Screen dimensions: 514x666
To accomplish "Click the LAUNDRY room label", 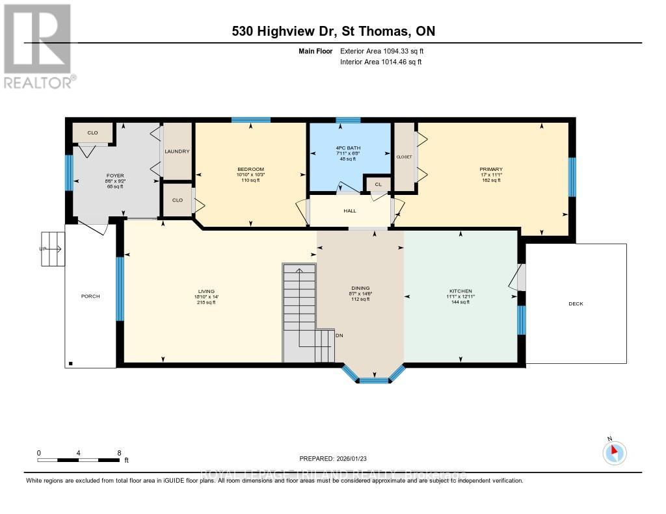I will click(x=177, y=151).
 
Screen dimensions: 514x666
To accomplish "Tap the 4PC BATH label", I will click(x=349, y=148).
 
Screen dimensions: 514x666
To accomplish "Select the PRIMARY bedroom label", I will click(x=491, y=170).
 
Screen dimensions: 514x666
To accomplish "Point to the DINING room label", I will click(x=360, y=289).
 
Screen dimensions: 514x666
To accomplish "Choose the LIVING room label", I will click(x=206, y=291).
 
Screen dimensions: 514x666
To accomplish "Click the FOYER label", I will click(x=115, y=175).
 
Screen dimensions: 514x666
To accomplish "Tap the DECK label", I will click(x=576, y=303).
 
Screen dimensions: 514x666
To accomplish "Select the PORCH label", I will click(x=90, y=296).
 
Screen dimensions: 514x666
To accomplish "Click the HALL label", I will click(x=351, y=211).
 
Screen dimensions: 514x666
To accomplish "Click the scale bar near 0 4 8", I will click(x=78, y=460).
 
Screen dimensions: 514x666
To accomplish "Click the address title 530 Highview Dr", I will click(x=332, y=31).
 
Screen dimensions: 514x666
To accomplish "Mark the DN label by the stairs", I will click(x=339, y=336).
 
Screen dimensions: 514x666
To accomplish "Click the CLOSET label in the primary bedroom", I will click(x=405, y=157).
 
